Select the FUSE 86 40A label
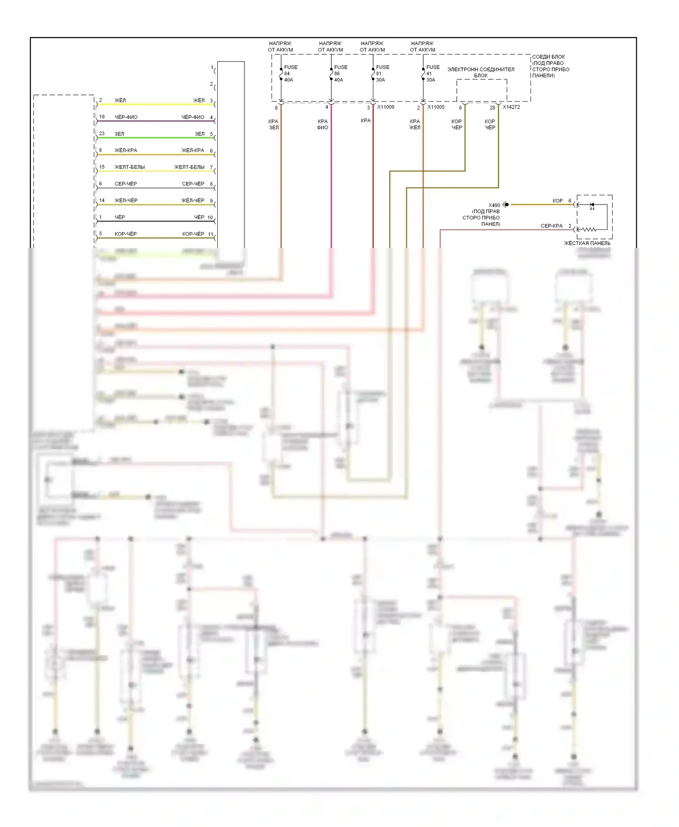tap(340, 73)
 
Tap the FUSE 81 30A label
tap(382, 73)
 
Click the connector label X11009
tap(386, 107)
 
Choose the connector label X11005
tap(436, 107)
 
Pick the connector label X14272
tap(511, 107)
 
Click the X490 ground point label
tap(494, 205)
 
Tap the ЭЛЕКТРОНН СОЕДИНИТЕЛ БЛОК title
tap(481, 72)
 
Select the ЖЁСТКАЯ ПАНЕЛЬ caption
tap(587, 243)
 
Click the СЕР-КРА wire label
tap(551, 226)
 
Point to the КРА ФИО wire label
tap(322, 124)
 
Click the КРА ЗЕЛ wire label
tap(273, 124)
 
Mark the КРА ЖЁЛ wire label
tap(415, 124)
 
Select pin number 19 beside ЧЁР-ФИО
tap(102, 117)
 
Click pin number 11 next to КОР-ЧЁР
tap(210, 234)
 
